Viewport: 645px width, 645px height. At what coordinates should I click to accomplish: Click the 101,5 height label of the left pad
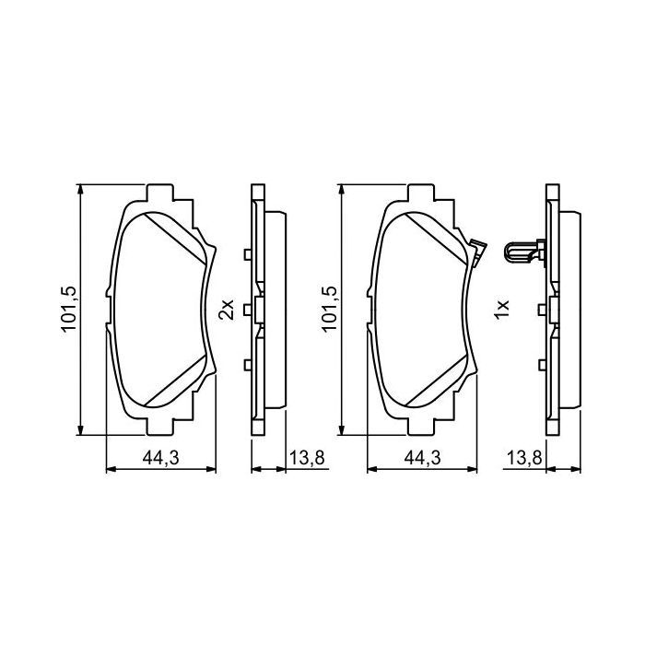coord(67,309)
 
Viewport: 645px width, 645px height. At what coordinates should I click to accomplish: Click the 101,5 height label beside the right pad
coord(327,309)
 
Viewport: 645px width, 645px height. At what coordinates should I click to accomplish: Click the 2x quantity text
coord(226,310)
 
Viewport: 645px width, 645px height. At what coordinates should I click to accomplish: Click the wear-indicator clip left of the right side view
coord(523,251)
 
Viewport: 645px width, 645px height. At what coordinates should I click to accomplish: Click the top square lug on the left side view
coord(247,254)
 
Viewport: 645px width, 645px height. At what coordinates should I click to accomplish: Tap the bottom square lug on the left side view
coord(247,366)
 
